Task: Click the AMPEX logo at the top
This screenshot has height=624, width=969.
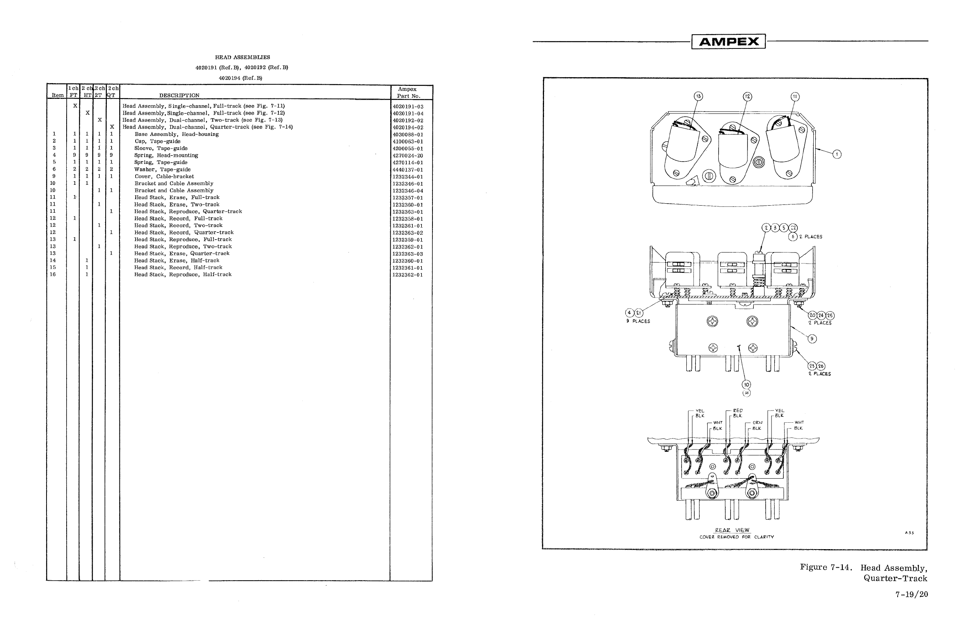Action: click(x=728, y=42)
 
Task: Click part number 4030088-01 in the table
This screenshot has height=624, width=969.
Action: click(x=408, y=134)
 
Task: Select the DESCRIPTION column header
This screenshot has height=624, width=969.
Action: click(x=179, y=96)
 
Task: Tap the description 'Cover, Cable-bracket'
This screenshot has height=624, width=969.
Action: click(x=164, y=176)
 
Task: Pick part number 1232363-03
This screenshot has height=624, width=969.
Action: click(x=408, y=254)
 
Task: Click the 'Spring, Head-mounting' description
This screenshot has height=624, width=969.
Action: click(x=166, y=156)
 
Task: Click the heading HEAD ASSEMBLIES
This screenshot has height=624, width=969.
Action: click(x=242, y=58)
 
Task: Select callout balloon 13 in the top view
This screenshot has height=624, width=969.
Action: click(x=698, y=97)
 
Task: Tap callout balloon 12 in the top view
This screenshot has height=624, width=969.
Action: click(x=747, y=97)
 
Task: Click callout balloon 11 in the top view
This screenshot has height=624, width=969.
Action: click(x=795, y=97)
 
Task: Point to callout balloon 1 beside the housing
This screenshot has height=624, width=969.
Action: click(x=837, y=154)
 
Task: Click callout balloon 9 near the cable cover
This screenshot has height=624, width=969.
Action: click(x=812, y=339)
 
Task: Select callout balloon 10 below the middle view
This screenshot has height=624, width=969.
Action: click(x=746, y=384)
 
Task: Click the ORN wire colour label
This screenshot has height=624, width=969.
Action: click(x=757, y=422)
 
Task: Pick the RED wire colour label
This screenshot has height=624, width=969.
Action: click(x=738, y=410)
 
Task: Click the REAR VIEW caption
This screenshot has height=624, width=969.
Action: click(x=732, y=530)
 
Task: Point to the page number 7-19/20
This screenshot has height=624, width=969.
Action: click(x=911, y=594)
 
